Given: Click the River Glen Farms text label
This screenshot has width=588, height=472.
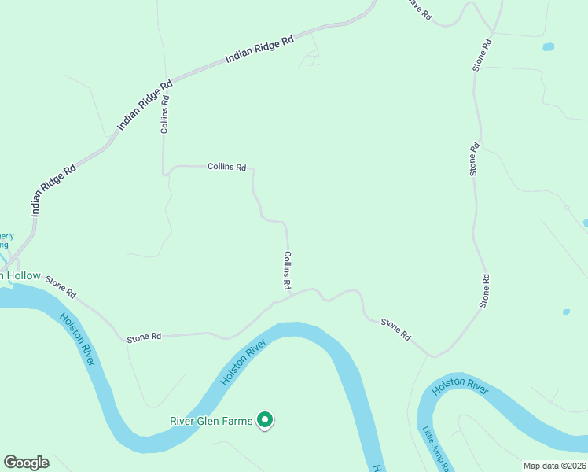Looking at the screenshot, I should (211, 421).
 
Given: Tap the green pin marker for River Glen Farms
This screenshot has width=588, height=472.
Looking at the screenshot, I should (266, 421).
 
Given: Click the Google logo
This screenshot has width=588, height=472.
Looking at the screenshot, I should (26, 463).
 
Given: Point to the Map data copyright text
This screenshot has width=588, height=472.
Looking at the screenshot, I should (554, 466).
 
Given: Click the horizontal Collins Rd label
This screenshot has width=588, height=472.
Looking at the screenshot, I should (226, 167).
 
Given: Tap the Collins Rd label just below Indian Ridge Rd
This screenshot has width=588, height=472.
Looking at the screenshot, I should (165, 114).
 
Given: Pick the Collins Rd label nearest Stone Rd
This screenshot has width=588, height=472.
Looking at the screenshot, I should (288, 270).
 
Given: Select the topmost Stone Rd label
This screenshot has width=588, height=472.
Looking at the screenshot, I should (483, 54).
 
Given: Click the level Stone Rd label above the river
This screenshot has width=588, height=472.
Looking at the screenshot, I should (144, 337).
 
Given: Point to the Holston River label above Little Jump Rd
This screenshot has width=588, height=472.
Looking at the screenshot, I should (460, 385).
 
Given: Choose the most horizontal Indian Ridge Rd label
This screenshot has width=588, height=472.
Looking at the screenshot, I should (259, 49).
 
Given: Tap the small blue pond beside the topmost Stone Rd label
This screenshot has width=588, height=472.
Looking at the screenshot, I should (548, 47).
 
